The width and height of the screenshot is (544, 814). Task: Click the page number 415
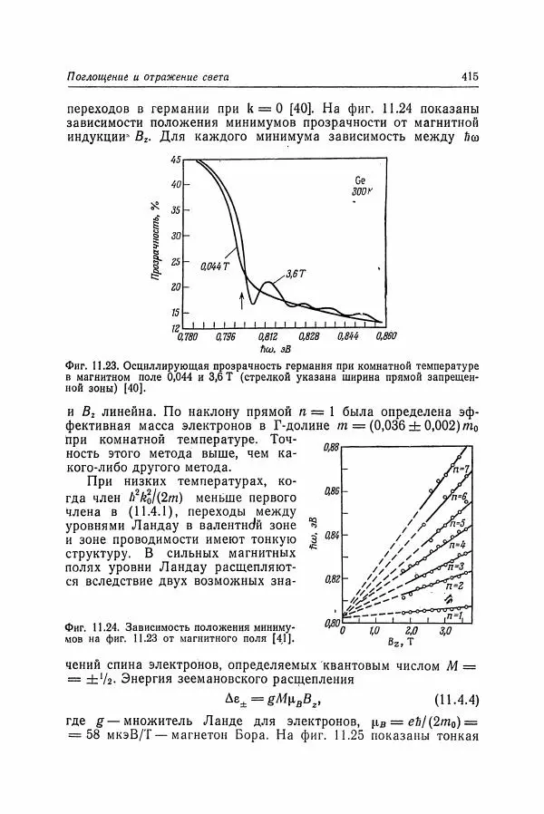click(x=469, y=77)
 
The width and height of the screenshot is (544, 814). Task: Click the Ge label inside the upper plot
click(x=360, y=179)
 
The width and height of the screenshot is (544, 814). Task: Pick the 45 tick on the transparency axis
click(x=176, y=160)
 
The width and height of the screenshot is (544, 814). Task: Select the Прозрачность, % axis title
click(x=157, y=244)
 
